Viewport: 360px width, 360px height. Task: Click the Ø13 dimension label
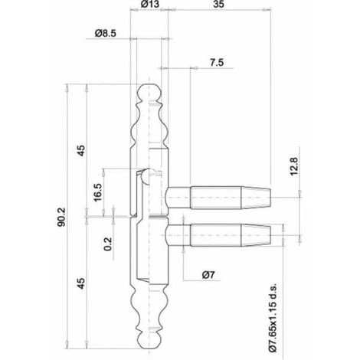pyautogui.click(x=150, y=4)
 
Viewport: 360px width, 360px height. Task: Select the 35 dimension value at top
pyautogui.click(x=218, y=4)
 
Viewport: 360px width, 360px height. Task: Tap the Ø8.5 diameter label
pyautogui.click(x=106, y=33)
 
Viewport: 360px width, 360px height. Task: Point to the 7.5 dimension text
pyautogui.click(x=217, y=63)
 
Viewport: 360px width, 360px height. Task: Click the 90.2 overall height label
pyautogui.click(x=61, y=218)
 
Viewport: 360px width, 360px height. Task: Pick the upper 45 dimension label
pyautogui.click(x=81, y=150)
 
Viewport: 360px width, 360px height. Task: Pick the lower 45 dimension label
pyautogui.click(x=81, y=283)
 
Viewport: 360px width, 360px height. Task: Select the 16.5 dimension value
pyautogui.click(x=98, y=192)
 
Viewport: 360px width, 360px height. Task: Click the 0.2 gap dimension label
pyautogui.click(x=108, y=244)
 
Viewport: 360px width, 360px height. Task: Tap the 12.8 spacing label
pyautogui.click(x=294, y=166)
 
